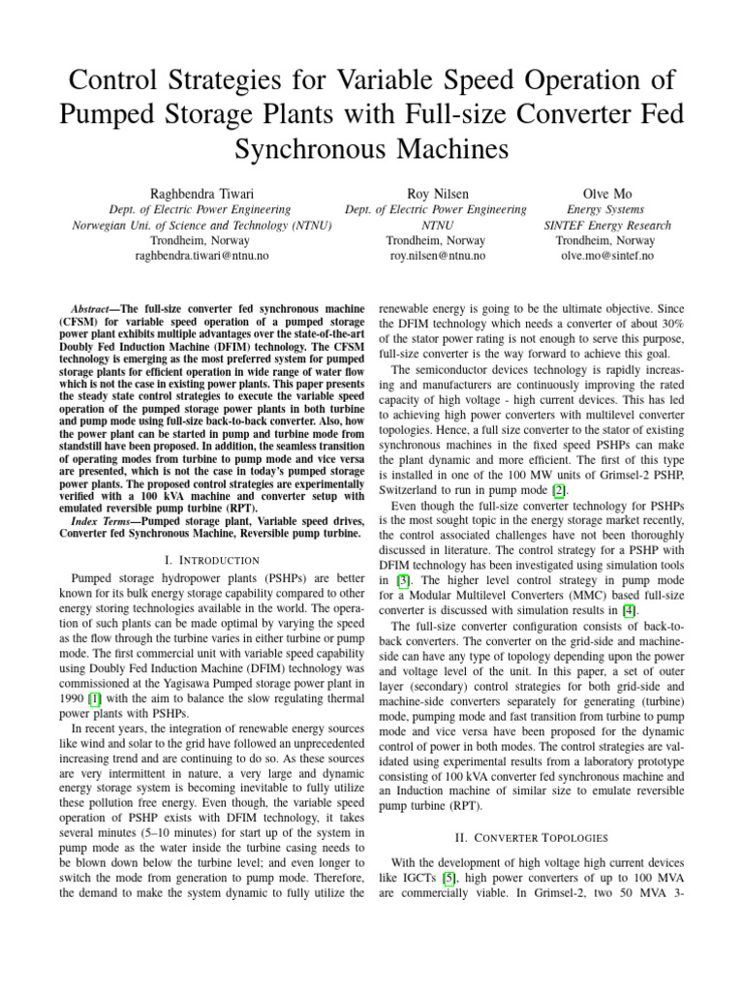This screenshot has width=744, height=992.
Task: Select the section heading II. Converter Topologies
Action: coord(531,837)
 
